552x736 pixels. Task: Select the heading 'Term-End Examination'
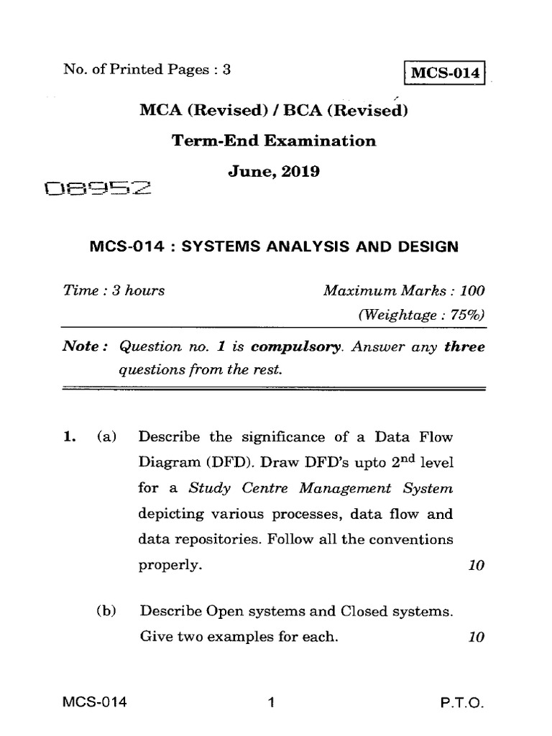pos(274,141)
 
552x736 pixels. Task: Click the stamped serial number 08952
pos(98,190)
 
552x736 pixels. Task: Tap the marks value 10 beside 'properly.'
pos(475,566)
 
